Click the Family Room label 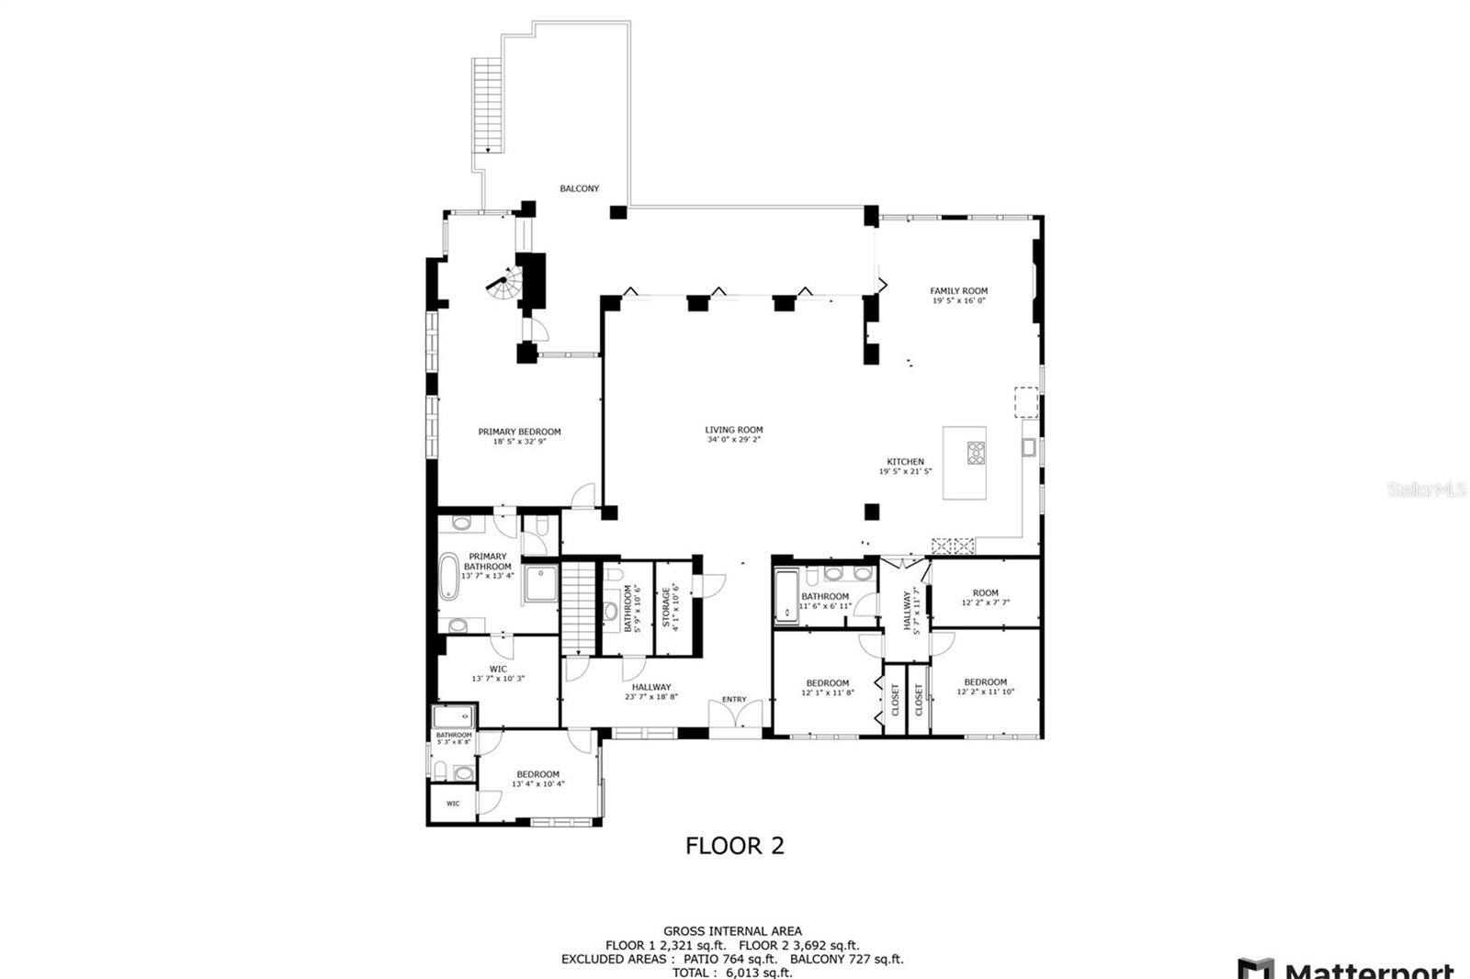[958, 291]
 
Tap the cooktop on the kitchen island [976, 452]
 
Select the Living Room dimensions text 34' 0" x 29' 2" [733, 440]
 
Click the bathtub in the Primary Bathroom [449, 577]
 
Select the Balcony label [580, 188]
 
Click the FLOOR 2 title [735, 846]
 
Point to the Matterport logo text [1369, 970]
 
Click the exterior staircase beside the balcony [485, 105]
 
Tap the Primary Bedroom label [519, 432]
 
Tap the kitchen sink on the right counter [1029, 447]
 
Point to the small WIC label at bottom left [453, 804]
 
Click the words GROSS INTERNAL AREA [732, 931]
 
